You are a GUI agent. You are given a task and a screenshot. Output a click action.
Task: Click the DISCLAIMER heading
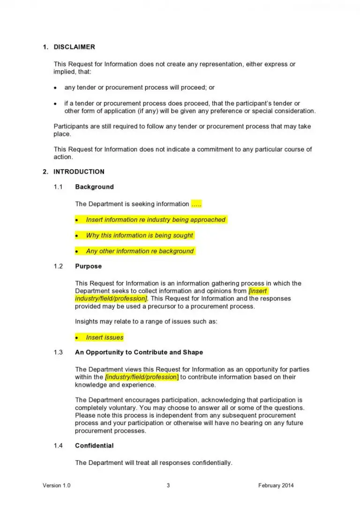74,47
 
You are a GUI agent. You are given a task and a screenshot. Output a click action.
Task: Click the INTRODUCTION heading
79,172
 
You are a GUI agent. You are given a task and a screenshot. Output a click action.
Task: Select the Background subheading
94,187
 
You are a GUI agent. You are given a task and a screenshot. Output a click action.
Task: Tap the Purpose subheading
88,266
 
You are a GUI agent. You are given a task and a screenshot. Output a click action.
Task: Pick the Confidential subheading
94,446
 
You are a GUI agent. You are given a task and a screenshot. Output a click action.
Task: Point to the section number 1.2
58,266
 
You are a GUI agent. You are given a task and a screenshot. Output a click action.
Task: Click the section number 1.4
58,446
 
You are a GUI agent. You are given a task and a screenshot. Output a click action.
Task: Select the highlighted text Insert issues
105,337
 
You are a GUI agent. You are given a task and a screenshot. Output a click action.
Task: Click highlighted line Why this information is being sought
139,236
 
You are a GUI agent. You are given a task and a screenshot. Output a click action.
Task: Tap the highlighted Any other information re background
140,251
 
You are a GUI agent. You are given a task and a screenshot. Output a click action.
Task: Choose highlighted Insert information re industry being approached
156,220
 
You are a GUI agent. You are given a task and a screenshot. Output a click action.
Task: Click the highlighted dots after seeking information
196,204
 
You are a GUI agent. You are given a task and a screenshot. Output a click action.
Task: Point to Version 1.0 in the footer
57,486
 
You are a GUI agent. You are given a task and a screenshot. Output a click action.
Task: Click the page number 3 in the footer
168,486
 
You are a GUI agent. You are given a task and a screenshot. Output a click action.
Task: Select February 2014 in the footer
276,486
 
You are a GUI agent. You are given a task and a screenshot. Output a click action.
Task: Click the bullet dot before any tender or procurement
55,88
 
